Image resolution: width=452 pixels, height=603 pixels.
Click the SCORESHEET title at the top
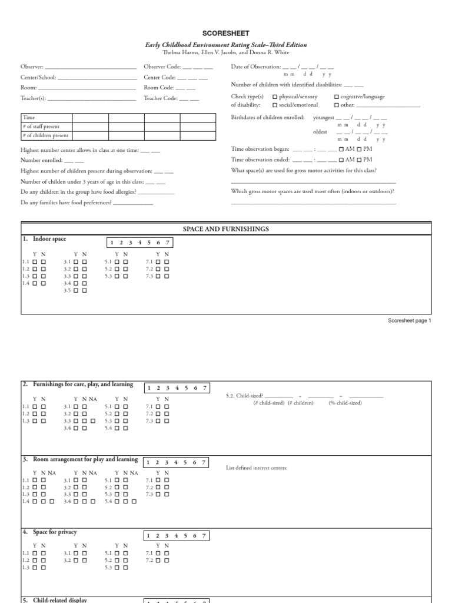226,34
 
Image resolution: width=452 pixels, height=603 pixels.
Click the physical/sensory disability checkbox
275,97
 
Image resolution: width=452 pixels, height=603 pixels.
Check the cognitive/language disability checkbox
337,97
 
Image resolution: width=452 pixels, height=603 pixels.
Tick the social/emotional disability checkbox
275,105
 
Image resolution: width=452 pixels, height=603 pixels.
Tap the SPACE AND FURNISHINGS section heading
226,228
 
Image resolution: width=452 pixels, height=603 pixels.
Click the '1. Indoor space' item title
45,239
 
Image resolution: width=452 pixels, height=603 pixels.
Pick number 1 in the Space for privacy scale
149,536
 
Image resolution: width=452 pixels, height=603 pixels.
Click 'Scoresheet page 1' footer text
410,321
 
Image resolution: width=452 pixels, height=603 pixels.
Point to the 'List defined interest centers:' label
257,468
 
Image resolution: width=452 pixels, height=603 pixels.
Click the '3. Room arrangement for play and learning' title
80,459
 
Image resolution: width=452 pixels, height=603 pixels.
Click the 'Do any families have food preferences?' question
66,203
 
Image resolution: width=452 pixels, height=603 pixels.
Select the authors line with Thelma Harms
226,52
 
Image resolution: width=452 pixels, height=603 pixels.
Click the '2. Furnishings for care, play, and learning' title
78,385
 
